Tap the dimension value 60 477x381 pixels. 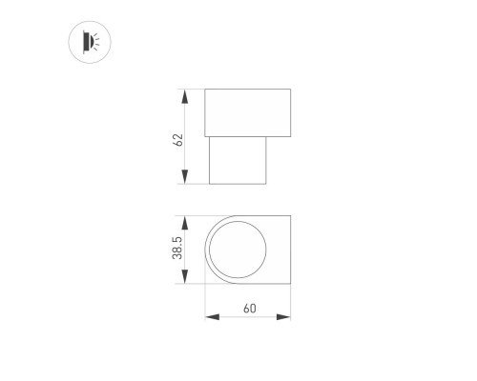249,308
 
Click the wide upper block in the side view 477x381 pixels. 248,112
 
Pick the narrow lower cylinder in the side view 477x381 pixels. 238,161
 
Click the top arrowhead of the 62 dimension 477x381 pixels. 183,93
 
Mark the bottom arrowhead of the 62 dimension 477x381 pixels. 183,184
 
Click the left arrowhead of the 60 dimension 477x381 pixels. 209,317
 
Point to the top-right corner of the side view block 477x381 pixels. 290,90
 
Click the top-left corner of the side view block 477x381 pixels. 206,90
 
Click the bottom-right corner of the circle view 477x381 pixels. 290,284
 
